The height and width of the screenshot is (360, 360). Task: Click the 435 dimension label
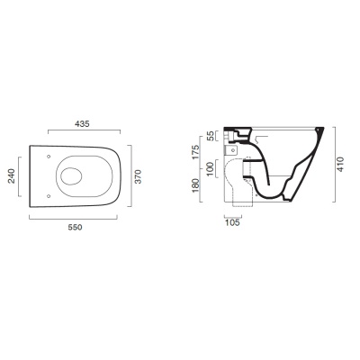pyautogui.click(x=82, y=123)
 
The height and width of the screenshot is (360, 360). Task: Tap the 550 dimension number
pyautogui.click(x=75, y=228)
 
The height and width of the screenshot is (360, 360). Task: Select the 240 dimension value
pyautogui.click(x=11, y=176)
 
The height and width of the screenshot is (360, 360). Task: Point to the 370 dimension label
pyautogui.click(x=138, y=176)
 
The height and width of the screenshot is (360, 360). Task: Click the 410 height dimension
pyautogui.click(x=342, y=164)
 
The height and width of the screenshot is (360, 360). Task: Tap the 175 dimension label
pyautogui.click(x=195, y=152)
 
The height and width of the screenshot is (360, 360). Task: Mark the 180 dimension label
pyautogui.click(x=195, y=185)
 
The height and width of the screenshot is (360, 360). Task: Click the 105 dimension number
pyautogui.click(x=232, y=222)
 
